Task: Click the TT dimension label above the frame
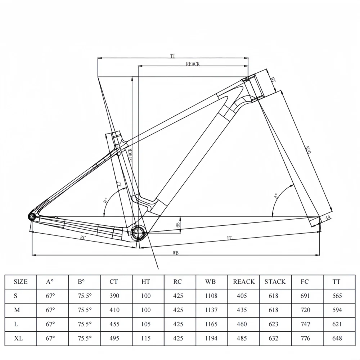click(x=173, y=56)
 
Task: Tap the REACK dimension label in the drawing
click(x=193, y=64)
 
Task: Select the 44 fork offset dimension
click(x=328, y=219)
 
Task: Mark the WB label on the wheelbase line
click(x=175, y=253)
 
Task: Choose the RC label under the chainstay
click(x=83, y=238)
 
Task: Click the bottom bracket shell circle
click(x=138, y=233)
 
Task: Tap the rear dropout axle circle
click(x=31, y=216)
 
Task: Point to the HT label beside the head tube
click(x=273, y=80)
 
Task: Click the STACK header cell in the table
click(x=275, y=282)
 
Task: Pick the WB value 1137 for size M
click(x=211, y=310)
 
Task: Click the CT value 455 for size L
click(x=114, y=324)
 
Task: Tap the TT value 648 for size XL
click(x=337, y=338)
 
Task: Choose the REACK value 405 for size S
click(x=242, y=296)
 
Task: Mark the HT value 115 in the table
click(x=146, y=338)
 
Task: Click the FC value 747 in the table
click(x=306, y=324)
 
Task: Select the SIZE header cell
click(x=21, y=282)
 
